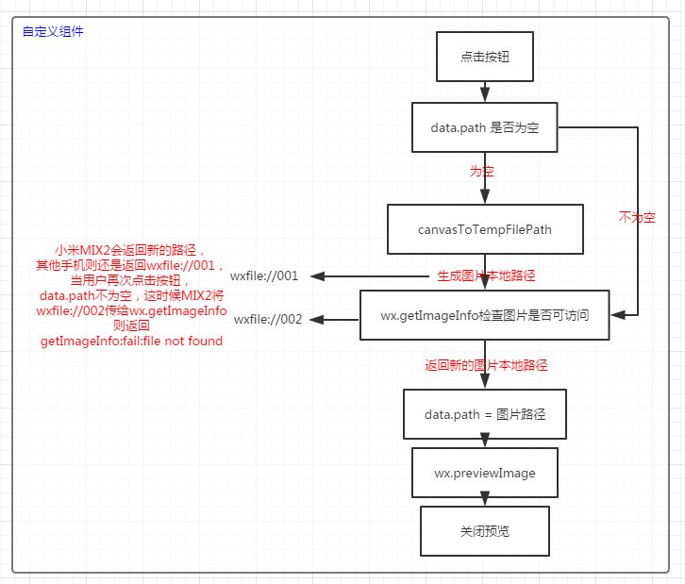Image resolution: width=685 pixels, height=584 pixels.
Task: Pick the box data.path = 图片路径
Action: [485, 413]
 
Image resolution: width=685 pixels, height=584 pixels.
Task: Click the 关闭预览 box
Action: [485, 530]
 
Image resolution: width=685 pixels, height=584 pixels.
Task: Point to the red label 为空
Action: [482, 173]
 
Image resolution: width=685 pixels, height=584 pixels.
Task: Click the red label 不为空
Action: [637, 217]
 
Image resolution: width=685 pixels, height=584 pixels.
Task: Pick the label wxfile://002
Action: [268, 319]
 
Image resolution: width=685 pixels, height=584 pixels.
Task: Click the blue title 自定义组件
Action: [52, 31]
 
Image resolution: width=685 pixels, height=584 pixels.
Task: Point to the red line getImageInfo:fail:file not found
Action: [131, 341]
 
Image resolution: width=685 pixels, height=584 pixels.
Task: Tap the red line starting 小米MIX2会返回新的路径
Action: [131, 250]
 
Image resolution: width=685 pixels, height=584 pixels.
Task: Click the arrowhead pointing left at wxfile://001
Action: [318, 276]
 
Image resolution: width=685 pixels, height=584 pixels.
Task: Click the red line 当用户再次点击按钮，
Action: [131, 280]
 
